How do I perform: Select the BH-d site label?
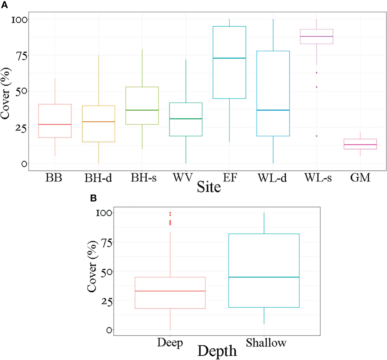tap(98, 178)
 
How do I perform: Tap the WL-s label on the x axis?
tap(318, 178)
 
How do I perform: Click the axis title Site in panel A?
tap(209, 187)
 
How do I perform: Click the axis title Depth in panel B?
tap(217, 351)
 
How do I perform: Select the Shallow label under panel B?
tap(266, 343)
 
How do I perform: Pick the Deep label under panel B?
tap(170, 343)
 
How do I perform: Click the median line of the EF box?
tap(229, 58)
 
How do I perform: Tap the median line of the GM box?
tap(360, 145)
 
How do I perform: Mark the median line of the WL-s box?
tap(316, 36)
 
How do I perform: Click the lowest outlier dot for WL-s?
tap(316, 136)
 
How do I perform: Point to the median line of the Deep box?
tap(170, 291)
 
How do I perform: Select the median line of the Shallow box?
tap(264, 277)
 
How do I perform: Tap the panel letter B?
tap(93, 198)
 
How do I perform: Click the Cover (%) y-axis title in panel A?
tap(6, 93)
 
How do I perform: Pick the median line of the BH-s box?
tap(142, 110)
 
